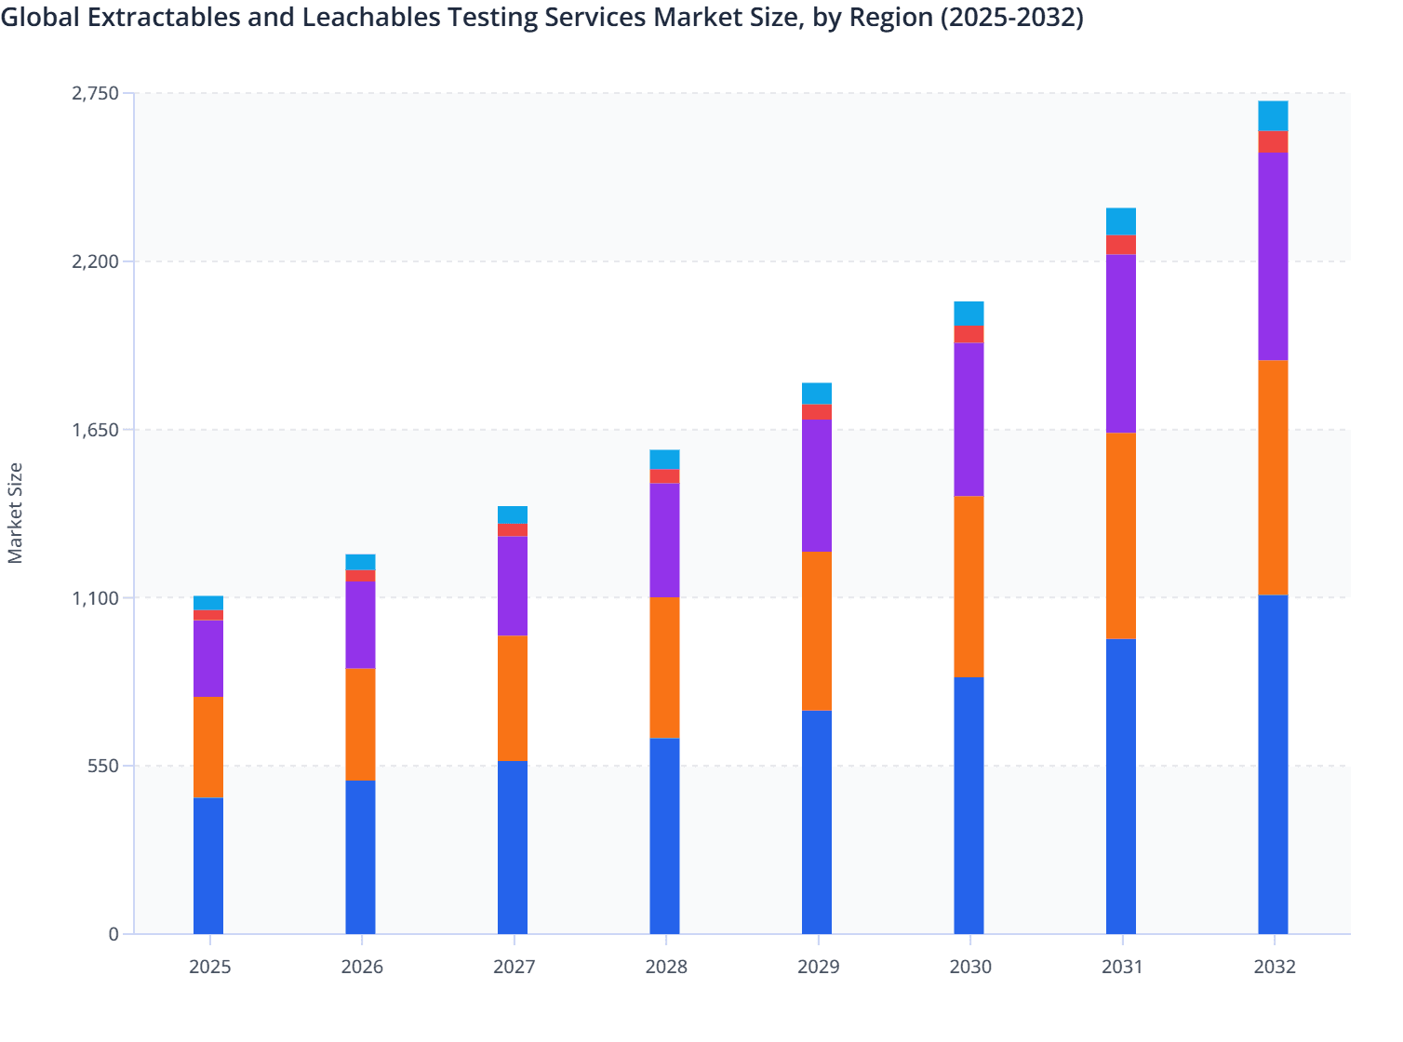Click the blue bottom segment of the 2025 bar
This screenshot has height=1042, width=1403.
208,865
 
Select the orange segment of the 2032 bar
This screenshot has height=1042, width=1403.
1273,477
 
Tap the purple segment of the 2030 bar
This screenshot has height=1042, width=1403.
969,420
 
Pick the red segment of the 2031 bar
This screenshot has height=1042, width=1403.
1121,245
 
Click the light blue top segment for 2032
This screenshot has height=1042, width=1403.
1273,115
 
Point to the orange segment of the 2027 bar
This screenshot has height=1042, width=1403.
513,698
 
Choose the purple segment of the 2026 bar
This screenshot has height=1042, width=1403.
360,625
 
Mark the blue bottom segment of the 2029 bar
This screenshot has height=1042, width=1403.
817,822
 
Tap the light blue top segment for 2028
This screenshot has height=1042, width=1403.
664,460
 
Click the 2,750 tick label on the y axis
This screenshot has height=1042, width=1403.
95,93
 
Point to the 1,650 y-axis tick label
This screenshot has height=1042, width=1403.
95,430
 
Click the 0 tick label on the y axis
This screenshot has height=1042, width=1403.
114,934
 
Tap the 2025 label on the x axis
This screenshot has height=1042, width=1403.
209,967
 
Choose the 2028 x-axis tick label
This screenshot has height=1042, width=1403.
666,967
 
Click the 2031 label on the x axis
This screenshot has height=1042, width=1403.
1122,967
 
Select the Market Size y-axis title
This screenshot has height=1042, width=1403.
16,513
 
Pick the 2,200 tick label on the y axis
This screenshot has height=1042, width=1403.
95,261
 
